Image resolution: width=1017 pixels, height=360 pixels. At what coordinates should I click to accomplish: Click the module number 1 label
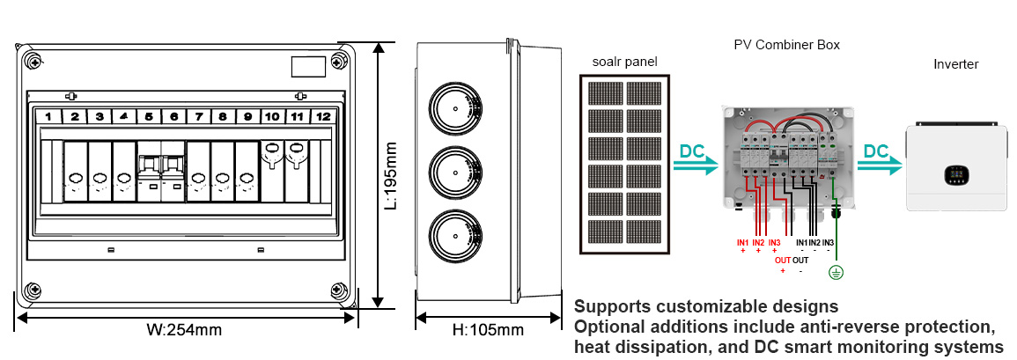coord(50,116)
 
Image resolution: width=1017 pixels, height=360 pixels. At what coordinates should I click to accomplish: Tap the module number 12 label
coord(324,116)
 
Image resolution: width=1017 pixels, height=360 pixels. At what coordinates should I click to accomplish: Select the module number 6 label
coord(174,116)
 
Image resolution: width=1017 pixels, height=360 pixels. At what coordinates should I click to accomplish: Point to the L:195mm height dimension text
coord(393,176)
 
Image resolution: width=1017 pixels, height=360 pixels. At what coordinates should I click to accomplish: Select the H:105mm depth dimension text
coord(488,330)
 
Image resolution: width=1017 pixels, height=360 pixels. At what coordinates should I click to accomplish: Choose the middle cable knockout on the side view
coord(454,174)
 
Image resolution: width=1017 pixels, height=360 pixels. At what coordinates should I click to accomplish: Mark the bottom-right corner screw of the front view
coord(336,290)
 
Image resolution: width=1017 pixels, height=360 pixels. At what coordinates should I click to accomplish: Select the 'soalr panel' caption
coord(624,61)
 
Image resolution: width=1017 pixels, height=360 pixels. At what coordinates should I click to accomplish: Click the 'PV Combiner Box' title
coord(786,43)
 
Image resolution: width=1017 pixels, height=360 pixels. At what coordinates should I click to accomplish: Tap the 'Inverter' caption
coord(955,64)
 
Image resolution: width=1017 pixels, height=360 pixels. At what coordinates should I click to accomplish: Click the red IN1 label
coord(742,242)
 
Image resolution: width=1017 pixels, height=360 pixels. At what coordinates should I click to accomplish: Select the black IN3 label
coord(829,242)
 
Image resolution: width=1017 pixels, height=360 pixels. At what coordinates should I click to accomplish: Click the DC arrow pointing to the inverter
coord(880,156)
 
